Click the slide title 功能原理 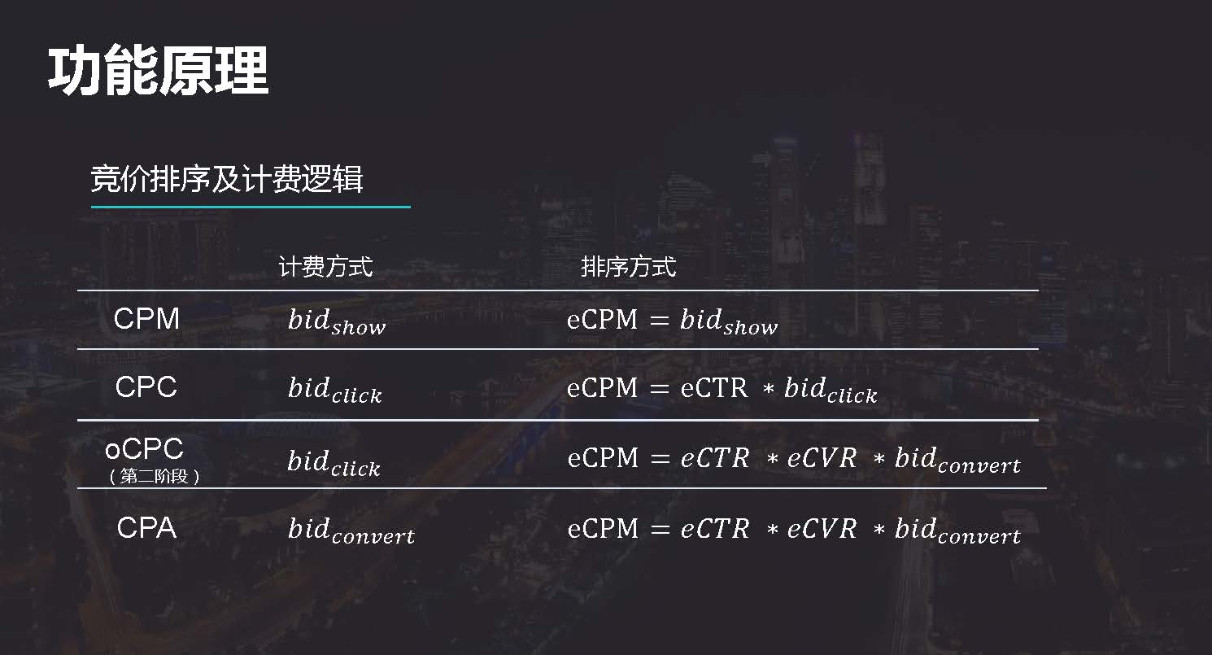pyautogui.click(x=158, y=72)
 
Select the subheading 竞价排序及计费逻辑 pyautogui.click(x=227, y=180)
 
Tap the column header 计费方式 pyautogui.click(x=325, y=267)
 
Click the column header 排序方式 pyautogui.click(x=628, y=267)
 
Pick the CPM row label pyautogui.click(x=146, y=319)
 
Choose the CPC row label pyautogui.click(x=146, y=387)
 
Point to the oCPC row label pyautogui.click(x=145, y=448)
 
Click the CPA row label pyautogui.click(x=146, y=529)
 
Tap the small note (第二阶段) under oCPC pyautogui.click(x=154, y=477)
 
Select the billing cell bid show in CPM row pyautogui.click(x=337, y=321)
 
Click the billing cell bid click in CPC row pyautogui.click(x=334, y=390)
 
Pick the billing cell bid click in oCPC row pyautogui.click(x=334, y=463)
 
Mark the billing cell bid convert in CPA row pyautogui.click(x=351, y=531)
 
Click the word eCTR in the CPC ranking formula pyautogui.click(x=713, y=388)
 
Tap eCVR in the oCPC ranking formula pyautogui.click(x=822, y=458)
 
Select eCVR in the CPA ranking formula pyautogui.click(x=822, y=529)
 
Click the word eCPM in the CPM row pyautogui.click(x=602, y=320)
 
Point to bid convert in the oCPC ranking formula pyautogui.click(x=957, y=461)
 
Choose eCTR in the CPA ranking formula pyautogui.click(x=714, y=529)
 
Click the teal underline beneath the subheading pyautogui.click(x=251, y=207)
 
